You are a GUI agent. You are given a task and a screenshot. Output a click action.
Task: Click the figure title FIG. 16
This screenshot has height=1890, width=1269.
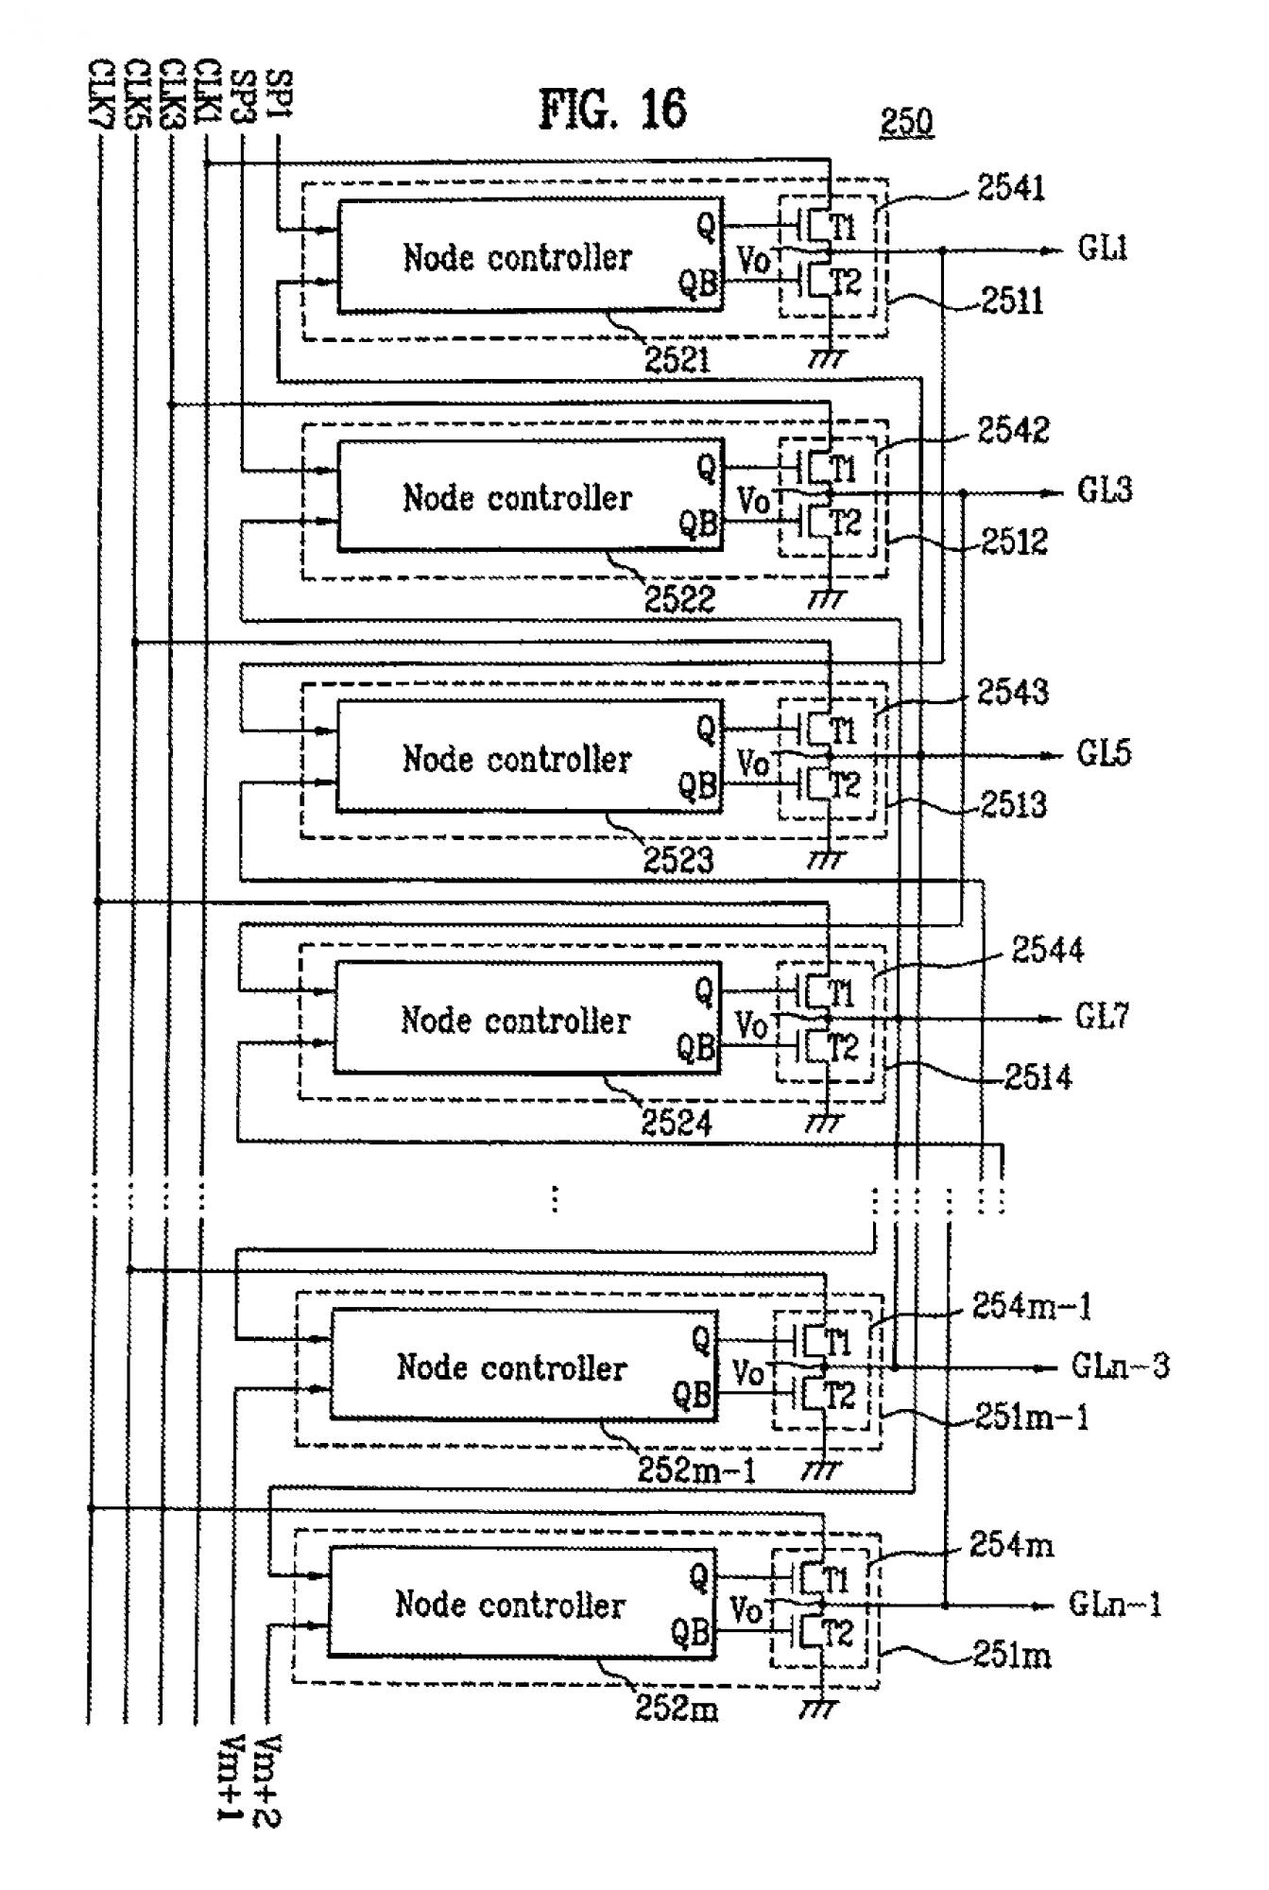(x=612, y=110)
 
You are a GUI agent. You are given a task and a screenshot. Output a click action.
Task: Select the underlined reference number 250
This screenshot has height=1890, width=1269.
(x=906, y=122)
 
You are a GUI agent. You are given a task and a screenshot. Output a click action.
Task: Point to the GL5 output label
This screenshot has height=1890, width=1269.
(x=1104, y=754)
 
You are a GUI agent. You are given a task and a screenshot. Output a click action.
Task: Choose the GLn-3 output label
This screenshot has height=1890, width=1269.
(x=1120, y=1366)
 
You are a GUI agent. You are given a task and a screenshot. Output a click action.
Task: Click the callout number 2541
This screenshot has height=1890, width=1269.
(x=1011, y=188)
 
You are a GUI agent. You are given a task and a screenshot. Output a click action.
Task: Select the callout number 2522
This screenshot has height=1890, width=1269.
(x=679, y=599)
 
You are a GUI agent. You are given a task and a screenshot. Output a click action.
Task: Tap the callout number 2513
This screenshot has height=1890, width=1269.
(x=1013, y=804)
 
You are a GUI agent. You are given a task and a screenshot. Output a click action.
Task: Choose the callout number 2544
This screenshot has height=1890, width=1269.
(x=1047, y=950)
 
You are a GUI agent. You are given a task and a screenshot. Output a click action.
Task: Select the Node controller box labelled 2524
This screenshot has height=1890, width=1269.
(x=527, y=1018)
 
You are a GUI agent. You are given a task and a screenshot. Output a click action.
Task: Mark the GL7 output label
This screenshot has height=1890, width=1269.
(x=1102, y=1017)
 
